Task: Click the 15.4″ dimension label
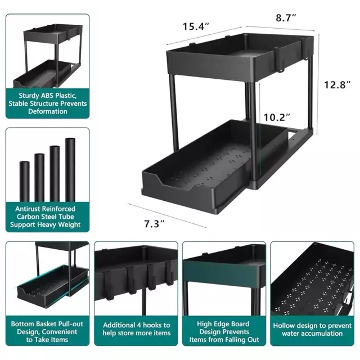click(x=196, y=26)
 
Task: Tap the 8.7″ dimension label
click(x=286, y=17)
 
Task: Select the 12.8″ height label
click(x=337, y=85)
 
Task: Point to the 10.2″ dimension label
click(x=277, y=118)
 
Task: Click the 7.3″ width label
click(x=154, y=224)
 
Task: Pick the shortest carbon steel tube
click(x=24, y=181)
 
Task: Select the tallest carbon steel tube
click(x=70, y=170)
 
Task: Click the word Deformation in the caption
click(x=48, y=111)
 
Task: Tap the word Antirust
click(x=28, y=209)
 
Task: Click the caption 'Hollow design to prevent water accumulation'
click(x=312, y=330)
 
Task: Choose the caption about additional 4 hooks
click(x=137, y=329)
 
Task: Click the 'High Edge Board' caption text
click(x=223, y=324)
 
